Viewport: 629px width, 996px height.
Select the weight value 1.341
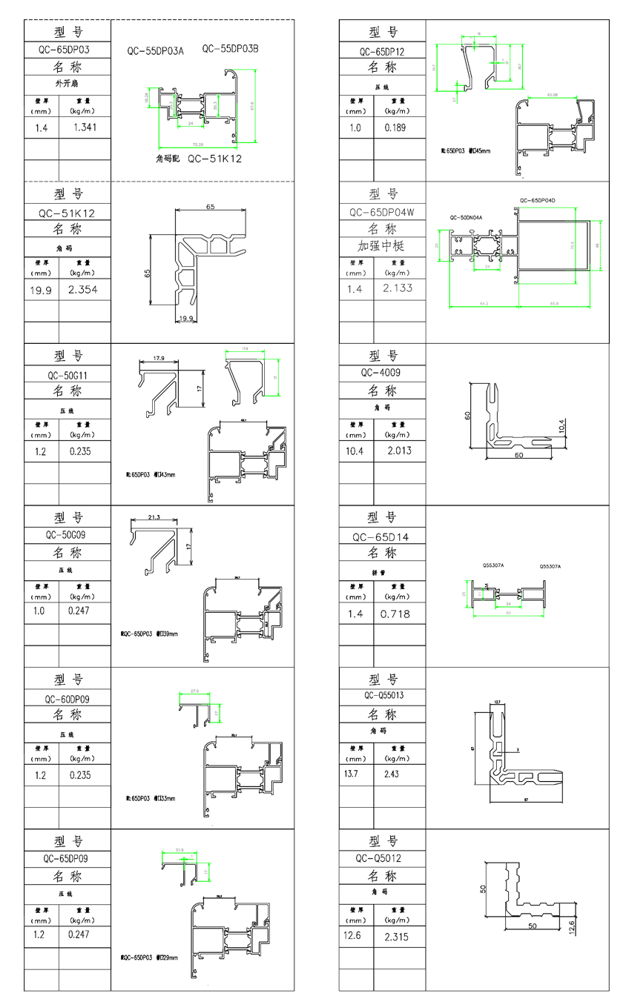click(85, 127)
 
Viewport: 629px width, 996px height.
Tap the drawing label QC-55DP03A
click(155, 51)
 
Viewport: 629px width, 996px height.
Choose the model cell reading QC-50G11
click(67, 375)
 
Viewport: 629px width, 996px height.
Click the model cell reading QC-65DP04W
click(382, 212)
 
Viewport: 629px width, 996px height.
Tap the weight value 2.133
click(398, 288)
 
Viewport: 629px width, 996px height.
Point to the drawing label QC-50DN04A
click(466, 218)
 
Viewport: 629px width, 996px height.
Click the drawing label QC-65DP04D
click(538, 200)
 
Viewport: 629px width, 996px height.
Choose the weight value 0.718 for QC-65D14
click(395, 614)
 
